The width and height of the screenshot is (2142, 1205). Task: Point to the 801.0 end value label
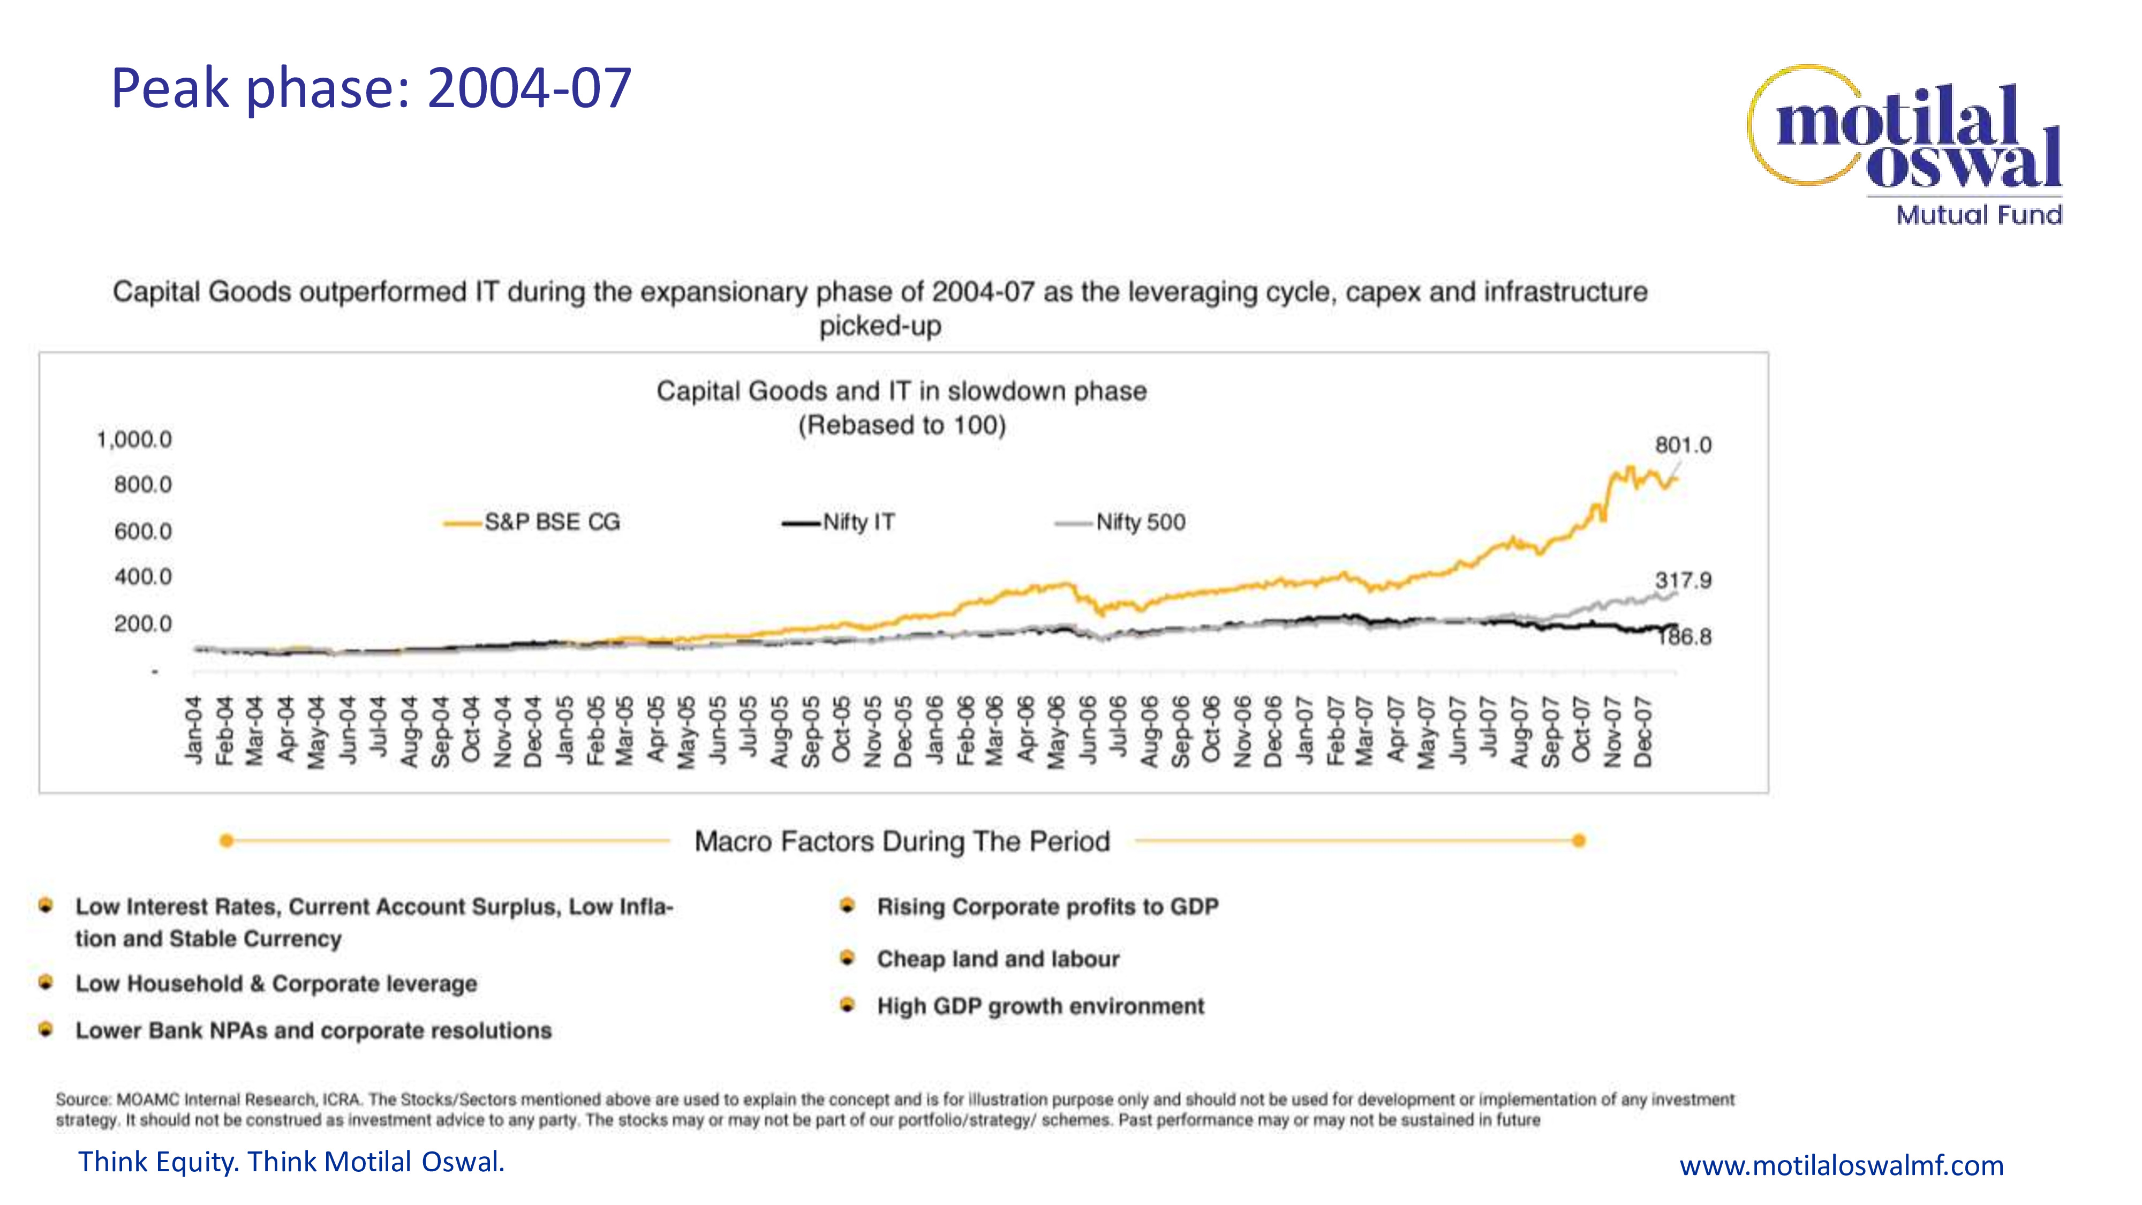pos(1682,445)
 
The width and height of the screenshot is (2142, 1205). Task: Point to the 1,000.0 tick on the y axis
pos(135,439)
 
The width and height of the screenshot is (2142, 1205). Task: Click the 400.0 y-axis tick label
pos(143,576)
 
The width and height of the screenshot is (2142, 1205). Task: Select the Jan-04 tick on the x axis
pos(194,729)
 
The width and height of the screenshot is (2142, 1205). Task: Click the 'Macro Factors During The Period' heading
pos(902,841)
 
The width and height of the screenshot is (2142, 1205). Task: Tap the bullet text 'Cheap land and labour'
pos(998,959)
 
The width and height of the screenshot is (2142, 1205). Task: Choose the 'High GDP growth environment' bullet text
pos(1040,1006)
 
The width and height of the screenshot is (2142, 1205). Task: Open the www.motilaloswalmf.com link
pos(1841,1165)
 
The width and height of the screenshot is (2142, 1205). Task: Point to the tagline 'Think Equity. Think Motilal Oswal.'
pos(291,1162)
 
